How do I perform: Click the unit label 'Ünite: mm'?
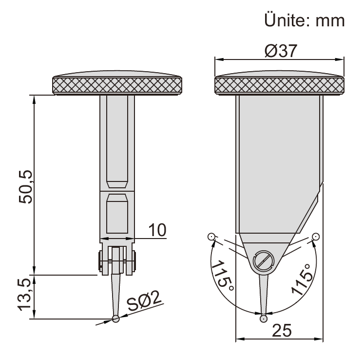coord(305,21)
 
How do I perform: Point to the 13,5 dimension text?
coord(25,296)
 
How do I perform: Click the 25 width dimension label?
coord(281,330)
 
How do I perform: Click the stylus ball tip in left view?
coord(116,319)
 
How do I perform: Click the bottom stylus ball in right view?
coord(263,319)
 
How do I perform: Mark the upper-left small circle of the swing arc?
coord(210,237)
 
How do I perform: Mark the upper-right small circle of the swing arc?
coord(316,237)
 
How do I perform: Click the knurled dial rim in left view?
coord(117,86)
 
